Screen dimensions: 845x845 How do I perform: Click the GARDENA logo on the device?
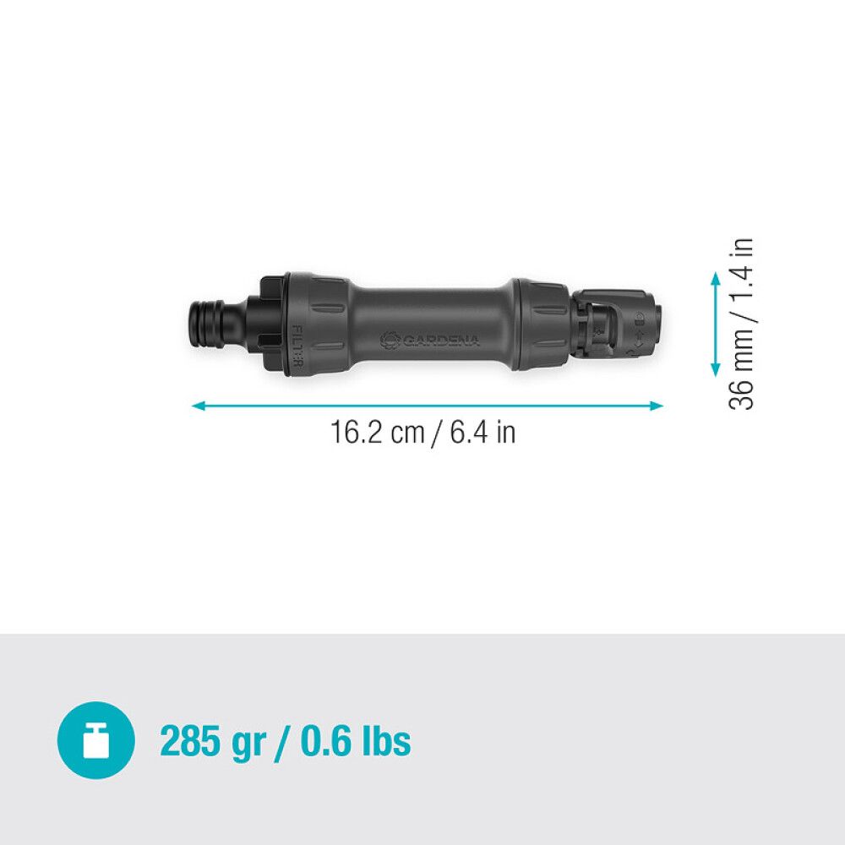pyautogui.click(x=431, y=340)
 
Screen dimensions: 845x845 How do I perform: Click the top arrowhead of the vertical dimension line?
pyautogui.click(x=716, y=278)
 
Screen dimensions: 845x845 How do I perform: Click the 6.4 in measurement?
pyautogui.click(x=482, y=433)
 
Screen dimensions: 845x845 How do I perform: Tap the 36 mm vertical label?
pyautogui.click(x=741, y=372)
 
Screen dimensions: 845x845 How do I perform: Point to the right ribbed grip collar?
pyautogui.click(x=539, y=324)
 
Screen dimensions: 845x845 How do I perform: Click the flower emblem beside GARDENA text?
pyautogui.click(x=390, y=340)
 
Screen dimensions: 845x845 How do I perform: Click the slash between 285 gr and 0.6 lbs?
pyautogui.click(x=283, y=741)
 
